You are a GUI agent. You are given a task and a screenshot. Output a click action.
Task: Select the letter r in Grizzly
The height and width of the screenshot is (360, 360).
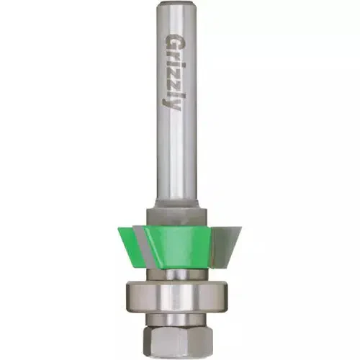173,53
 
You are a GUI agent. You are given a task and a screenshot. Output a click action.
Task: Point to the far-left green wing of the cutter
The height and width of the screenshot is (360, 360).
122,235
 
